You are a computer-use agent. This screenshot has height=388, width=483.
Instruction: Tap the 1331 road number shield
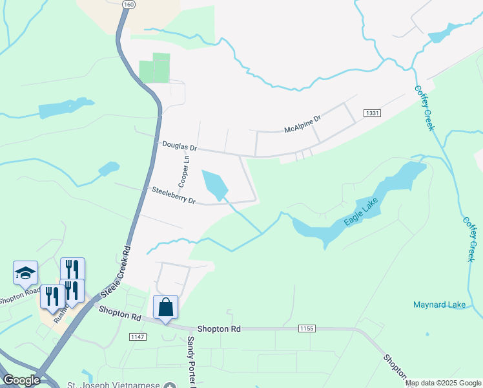point(373,113)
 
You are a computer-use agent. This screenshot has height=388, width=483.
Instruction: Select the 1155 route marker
point(307,329)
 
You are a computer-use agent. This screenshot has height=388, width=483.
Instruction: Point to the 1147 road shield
point(138,337)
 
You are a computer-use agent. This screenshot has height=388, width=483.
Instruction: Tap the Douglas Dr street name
point(179,147)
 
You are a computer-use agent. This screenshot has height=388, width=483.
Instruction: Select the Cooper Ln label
point(185,167)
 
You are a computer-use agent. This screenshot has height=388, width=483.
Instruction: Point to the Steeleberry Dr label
point(173,195)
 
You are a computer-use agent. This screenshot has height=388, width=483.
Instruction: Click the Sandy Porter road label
point(191,362)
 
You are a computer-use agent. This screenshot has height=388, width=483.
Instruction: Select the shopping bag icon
point(165,307)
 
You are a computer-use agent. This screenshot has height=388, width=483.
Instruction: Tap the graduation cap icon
point(25,273)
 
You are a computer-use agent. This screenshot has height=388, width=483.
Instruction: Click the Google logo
point(21,380)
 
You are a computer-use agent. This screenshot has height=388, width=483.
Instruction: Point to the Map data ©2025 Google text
point(442,383)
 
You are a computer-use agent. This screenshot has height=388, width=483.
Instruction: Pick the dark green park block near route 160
point(154,68)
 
